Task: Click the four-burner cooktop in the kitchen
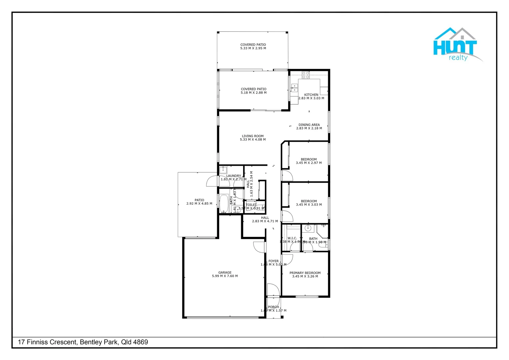point(305,75)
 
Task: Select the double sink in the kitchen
point(294,88)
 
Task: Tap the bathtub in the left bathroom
point(224,203)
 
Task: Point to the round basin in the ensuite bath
point(308,228)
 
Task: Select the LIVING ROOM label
point(253,136)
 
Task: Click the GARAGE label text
point(225,272)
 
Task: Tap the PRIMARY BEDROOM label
point(305,273)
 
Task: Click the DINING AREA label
point(309,125)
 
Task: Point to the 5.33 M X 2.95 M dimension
point(253,48)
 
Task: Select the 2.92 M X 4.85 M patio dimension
point(199,204)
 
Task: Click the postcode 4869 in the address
point(141,342)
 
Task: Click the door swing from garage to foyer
point(259,247)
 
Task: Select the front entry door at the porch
point(273,290)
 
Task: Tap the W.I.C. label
point(292,238)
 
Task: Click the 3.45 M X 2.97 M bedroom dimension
point(309,163)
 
